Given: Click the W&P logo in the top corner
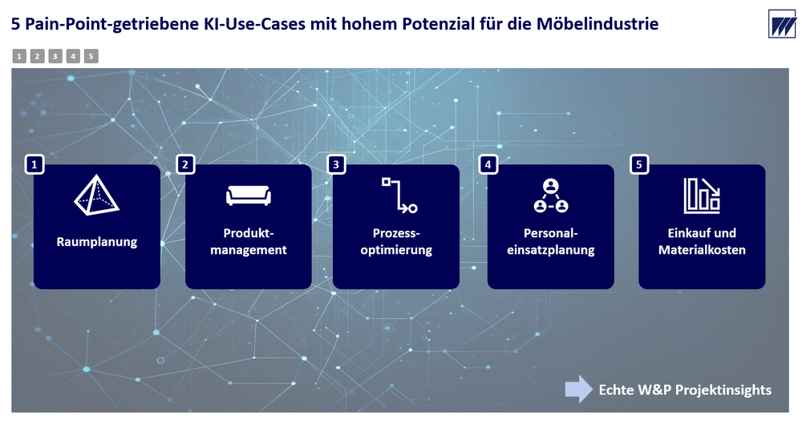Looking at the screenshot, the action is click(x=782, y=23).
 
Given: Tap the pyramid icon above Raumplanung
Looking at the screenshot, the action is click(x=97, y=195).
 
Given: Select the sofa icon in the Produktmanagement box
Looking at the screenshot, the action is click(x=249, y=196).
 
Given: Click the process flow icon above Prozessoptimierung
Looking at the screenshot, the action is click(x=399, y=195).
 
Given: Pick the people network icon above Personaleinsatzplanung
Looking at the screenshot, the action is click(x=551, y=196).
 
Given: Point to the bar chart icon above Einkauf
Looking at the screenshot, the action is click(x=702, y=196).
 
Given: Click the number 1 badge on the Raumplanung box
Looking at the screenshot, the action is click(x=34, y=164).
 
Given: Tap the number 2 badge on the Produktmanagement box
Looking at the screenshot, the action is click(x=185, y=164).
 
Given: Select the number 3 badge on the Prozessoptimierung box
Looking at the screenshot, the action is click(x=336, y=164).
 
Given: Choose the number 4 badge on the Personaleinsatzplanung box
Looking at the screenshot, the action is click(x=488, y=164).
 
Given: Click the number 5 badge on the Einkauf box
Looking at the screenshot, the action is click(x=639, y=164).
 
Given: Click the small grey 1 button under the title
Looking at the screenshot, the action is click(x=19, y=56).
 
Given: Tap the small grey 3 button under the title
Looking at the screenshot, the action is click(x=55, y=56).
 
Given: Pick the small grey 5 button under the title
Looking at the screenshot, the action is click(x=91, y=56).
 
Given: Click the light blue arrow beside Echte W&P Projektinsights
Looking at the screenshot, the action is click(x=579, y=390).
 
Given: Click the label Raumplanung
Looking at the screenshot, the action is click(x=97, y=242).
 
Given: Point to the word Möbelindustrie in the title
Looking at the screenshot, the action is click(x=597, y=23).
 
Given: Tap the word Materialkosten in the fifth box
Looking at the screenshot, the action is click(x=702, y=250).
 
